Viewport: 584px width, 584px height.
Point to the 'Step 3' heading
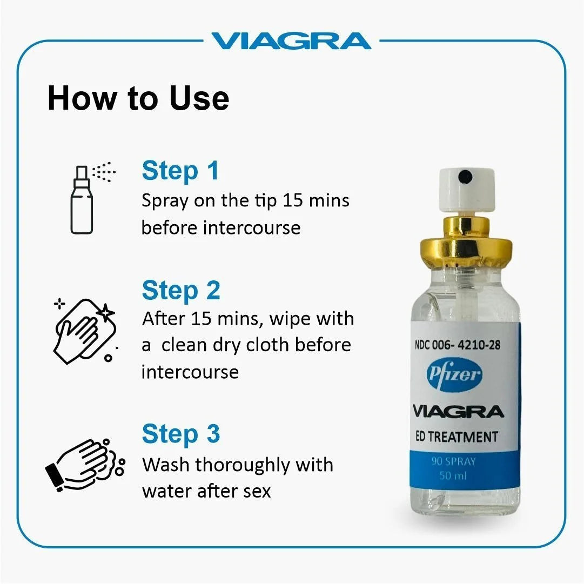pos(181,434)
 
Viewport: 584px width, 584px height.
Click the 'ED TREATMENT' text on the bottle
pos(457,437)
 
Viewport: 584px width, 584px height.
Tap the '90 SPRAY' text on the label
pos(453,461)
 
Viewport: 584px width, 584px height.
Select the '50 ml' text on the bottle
pos(453,475)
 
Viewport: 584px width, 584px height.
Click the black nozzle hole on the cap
pos(465,176)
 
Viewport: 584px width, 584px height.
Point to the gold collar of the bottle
pos(466,243)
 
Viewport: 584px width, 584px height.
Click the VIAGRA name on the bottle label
pos(458,412)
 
